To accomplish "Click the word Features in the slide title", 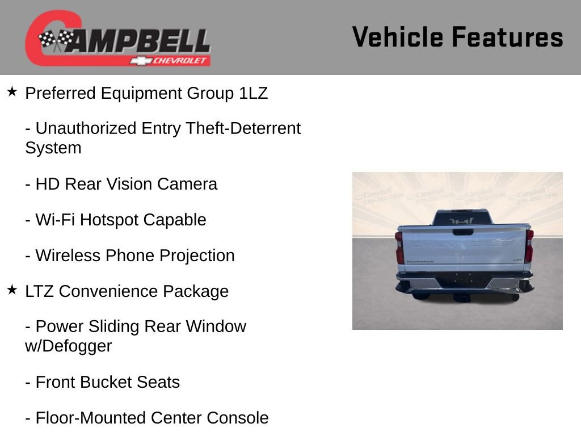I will tap(507, 37).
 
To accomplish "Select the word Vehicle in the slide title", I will tap(397, 37).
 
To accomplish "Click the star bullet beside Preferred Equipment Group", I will tap(12, 91).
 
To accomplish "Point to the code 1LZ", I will tap(253, 93).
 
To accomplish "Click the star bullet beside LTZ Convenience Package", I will tap(12, 290).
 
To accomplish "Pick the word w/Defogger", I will tap(68, 346).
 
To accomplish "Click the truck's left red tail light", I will tap(399, 248).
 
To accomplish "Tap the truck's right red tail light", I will tap(529, 246).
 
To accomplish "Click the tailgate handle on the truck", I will tap(463, 232).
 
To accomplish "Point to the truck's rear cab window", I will tap(462, 218).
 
